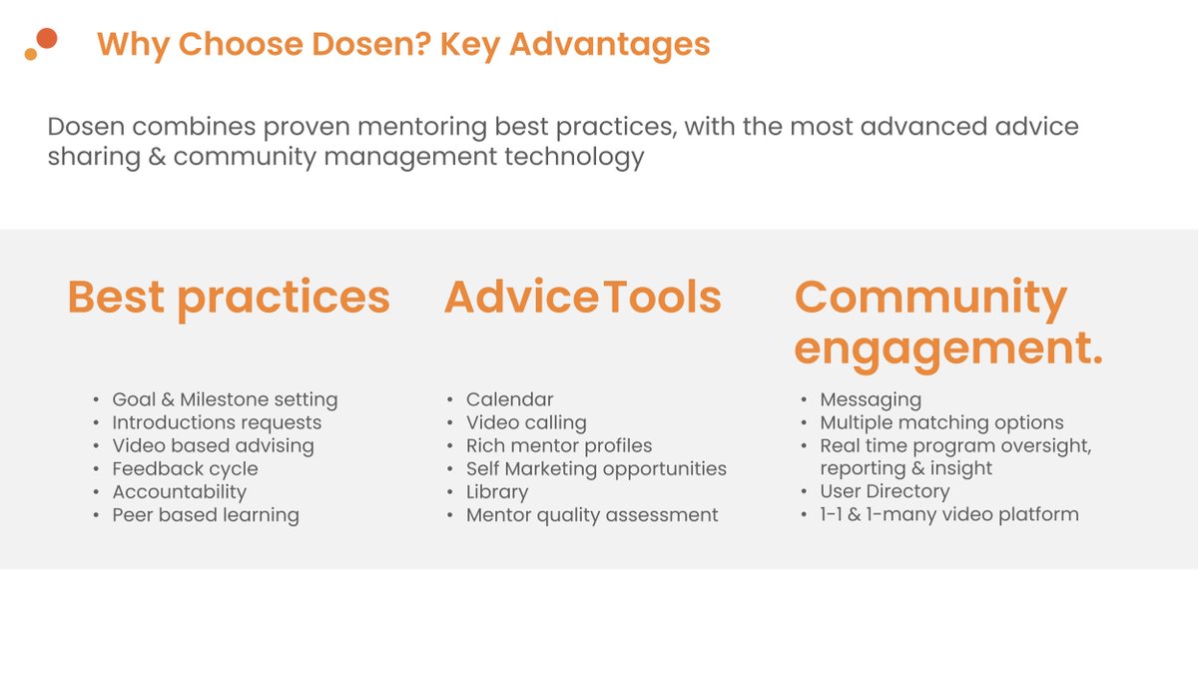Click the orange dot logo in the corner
coord(41,44)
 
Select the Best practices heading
coord(229,298)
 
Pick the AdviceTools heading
coord(583,298)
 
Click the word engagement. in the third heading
coord(948,348)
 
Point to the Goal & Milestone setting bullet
coord(225,399)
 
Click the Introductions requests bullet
coord(217,422)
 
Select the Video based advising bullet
coord(213,445)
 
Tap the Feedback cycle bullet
coord(185,468)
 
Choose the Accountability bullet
coord(179,491)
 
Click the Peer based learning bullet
coord(206,515)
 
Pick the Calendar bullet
coord(509,399)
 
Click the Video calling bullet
coord(526,422)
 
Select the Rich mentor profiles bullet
coord(559,445)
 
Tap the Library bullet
coord(497,491)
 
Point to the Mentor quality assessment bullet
coord(592,515)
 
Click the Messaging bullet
coord(871,399)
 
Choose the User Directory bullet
coord(885,491)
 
